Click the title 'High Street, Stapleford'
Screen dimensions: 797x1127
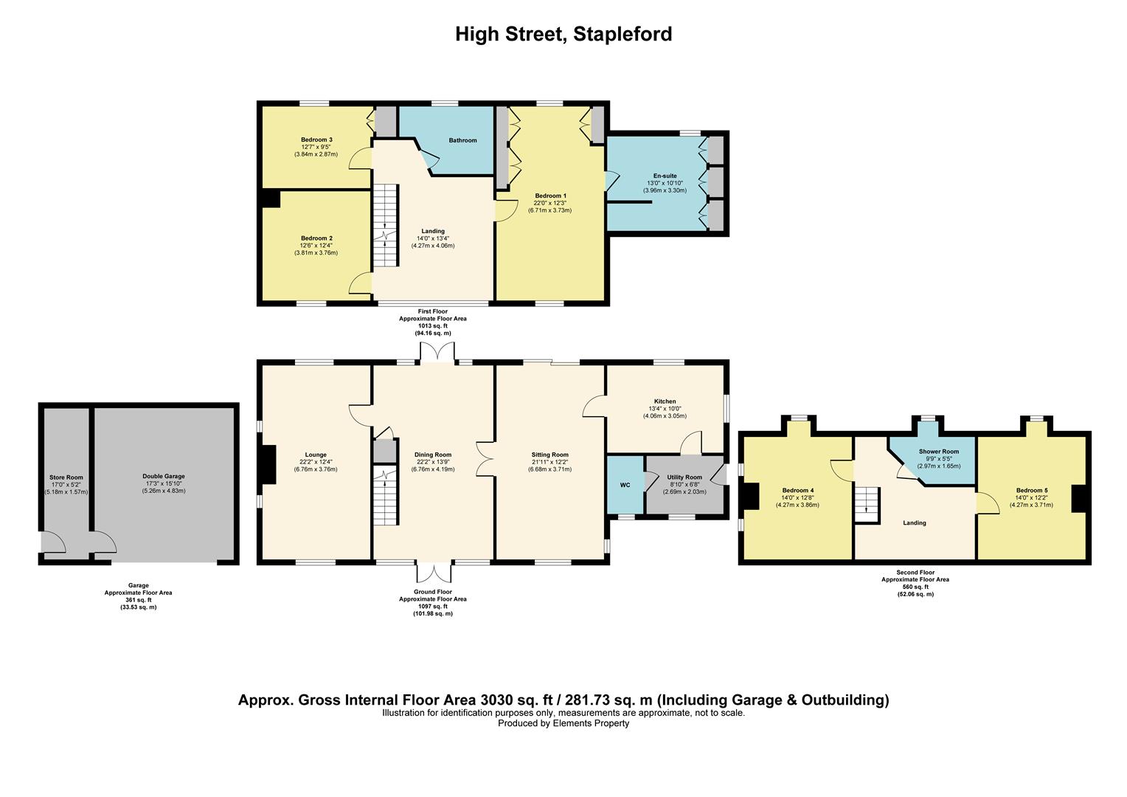(563, 35)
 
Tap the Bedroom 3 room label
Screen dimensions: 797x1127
(316, 139)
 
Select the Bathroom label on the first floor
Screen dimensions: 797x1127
(462, 140)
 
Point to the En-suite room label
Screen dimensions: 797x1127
(665, 176)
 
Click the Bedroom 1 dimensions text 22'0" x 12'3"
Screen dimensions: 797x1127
(549, 203)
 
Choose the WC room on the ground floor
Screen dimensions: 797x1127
(625, 485)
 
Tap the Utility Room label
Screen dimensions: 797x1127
(684, 477)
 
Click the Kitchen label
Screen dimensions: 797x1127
(665, 401)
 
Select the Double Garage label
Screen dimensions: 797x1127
(164, 477)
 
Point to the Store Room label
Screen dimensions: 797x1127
(66, 477)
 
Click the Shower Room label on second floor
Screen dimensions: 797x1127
(938, 452)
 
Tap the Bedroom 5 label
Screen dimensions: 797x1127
(1031, 491)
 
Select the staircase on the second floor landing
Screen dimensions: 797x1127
(868, 504)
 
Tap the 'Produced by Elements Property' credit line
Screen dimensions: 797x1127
(563, 723)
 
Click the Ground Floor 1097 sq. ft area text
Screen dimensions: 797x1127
(432, 606)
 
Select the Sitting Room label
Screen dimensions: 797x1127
(549, 455)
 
